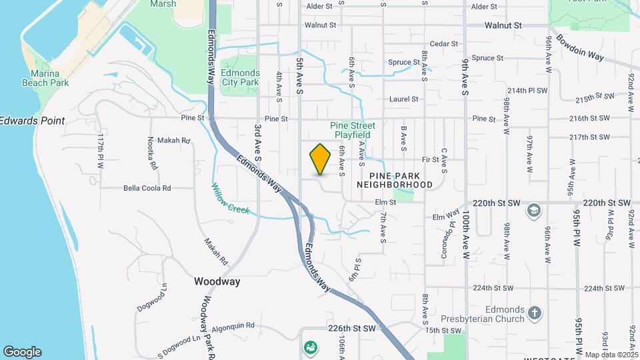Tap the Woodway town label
217,281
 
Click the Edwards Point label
32,121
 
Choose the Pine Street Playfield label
352,130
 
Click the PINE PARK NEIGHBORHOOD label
395,179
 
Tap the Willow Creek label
231,199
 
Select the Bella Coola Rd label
147,188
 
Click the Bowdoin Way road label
579,48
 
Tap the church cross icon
534,312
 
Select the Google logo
22,352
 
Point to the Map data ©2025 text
611,355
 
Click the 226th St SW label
352,329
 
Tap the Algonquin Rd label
233,326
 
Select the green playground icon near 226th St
310,347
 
